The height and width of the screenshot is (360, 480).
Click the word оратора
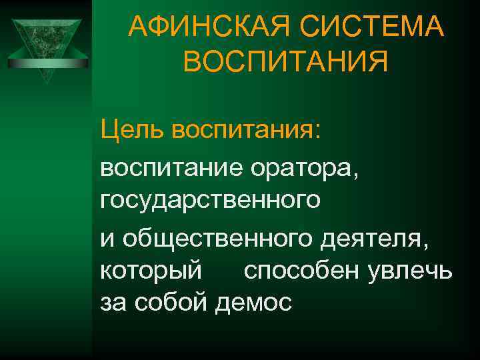pos(303,163)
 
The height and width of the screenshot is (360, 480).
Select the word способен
pos(303,271)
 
